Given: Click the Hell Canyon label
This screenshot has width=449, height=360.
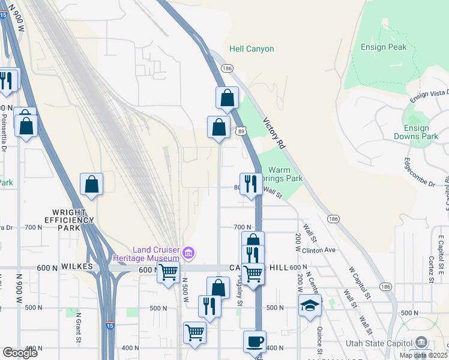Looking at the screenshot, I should click(x=252, y=49).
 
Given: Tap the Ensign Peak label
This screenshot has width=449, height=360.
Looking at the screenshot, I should click(x=384, y=47).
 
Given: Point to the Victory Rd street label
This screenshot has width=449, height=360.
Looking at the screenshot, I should click(x=273, y=133).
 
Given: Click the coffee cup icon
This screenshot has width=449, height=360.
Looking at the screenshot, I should click(x=254, y=341).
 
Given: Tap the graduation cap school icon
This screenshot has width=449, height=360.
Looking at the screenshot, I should click(x=310, y=305).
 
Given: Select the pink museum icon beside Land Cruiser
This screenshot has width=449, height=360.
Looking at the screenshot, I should click(x=188, y=253).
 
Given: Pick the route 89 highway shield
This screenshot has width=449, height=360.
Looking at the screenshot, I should click(x=240, y=130).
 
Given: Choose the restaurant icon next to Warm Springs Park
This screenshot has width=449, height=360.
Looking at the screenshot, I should click(x=250, y=184).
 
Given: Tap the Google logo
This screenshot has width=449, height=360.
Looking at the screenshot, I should click(x=20, y=353).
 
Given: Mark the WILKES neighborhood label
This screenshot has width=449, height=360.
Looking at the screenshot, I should click(x=76, y=266).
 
